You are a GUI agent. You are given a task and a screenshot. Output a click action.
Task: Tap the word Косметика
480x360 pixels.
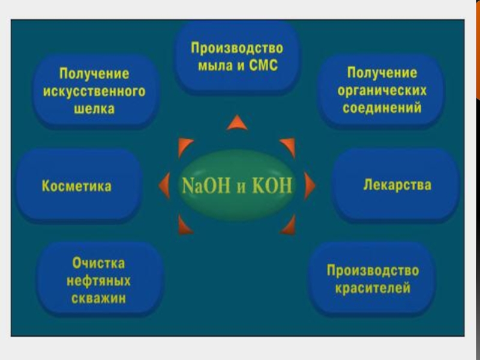point(76,186)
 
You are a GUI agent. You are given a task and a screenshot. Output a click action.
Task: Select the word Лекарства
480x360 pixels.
point(397,185)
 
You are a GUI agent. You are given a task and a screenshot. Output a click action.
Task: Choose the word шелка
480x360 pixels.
point(94,110)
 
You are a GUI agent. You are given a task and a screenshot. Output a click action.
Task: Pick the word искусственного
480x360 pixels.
point(94,92)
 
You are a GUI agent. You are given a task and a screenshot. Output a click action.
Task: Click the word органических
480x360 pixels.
point(382,91)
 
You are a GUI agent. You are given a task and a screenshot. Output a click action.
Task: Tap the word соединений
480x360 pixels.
point(382,109)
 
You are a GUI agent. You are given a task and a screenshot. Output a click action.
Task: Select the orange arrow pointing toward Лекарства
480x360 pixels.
point(309,185)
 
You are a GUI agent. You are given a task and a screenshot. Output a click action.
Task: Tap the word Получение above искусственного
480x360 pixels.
point(94,74)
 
